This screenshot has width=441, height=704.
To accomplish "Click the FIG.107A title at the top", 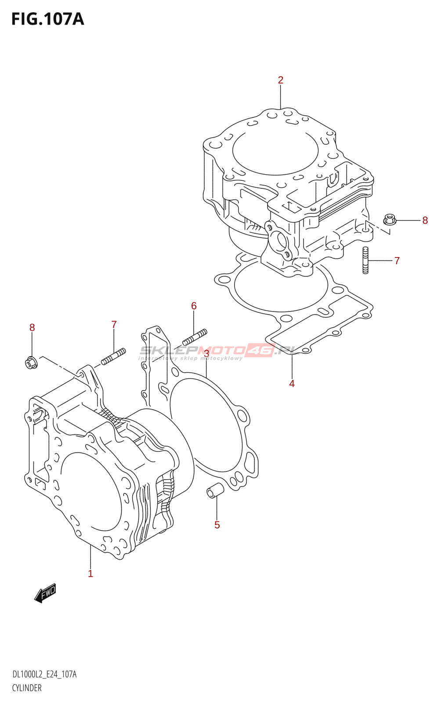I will [x=47, y=19].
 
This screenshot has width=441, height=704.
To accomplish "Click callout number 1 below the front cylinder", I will [x=90, y=573].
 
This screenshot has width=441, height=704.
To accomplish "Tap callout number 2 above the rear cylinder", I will [x=281, y=80].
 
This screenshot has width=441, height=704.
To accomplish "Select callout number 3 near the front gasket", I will [x=206, y=354].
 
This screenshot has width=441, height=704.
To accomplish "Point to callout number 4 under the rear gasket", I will [x=292, y=384].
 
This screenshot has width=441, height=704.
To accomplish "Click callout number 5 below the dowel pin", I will [x=217, y=525].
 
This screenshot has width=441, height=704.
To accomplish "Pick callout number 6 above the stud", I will [x=194, y=306].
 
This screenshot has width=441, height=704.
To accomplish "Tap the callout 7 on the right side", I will [x=397, y=260].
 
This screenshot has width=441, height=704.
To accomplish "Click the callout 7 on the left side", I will [x=114, y=325].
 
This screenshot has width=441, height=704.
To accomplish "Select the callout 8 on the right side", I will [x=425, y=220].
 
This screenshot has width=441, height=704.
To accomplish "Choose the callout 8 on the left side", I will [x=32, y=327].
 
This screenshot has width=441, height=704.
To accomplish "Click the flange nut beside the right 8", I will [x=390, y=219].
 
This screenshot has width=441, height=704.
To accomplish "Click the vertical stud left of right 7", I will [x=365, y=260].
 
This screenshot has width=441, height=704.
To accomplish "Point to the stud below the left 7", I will [x=113, y=356].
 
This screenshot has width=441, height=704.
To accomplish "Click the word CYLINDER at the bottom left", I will [x=27, y=688].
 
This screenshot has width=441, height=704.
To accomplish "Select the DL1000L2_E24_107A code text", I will [x=44, y=675].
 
